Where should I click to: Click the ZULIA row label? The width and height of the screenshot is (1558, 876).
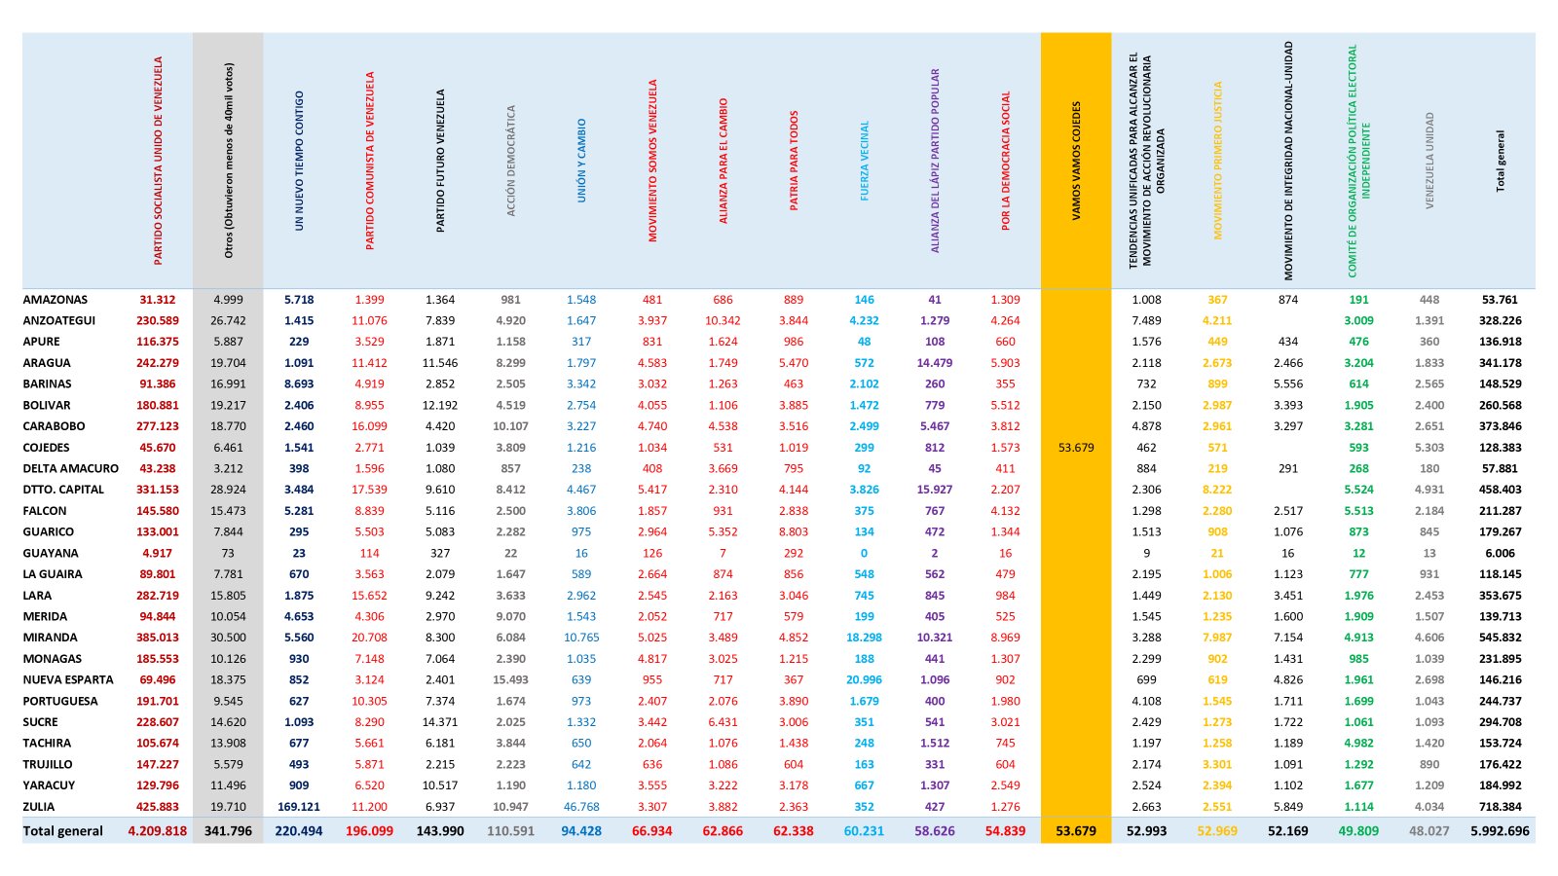pyautogui.click(x=38, y=807)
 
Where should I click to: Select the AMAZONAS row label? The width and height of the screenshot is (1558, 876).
pyautogui.click(x=55, y=300)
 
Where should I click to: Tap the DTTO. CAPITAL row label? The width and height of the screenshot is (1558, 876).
pyautogui.click(x=63, y=490)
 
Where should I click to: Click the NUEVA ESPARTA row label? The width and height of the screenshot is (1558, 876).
pyautogui.click(x=68, y=679)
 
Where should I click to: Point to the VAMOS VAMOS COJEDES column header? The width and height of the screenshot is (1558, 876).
pyautogui.click(x=1076, y=162)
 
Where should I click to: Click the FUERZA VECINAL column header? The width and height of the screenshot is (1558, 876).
pyautogui.click(x=864, y=162)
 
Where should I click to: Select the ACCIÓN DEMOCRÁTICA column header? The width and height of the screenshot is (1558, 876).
pyautogui.click(x=510, y=162)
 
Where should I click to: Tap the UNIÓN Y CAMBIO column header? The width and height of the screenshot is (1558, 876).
pyautogui.click(x=581, y=162)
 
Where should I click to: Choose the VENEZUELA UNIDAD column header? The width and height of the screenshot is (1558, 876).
pyautogui.click(x=1429, y=162)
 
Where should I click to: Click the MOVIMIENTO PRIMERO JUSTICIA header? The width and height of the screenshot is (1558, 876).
pyautogui.click(x=1217, y=162)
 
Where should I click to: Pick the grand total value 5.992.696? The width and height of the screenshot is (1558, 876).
pyautogui.click(x=1500, y=831)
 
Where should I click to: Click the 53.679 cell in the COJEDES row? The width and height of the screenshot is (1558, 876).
pyautogui.click(x=1076, y=448)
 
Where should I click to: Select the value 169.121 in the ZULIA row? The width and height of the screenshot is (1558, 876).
pyautogui.click(x=298, y=807)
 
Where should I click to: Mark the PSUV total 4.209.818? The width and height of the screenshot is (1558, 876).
pyautogui.click(x=157, y=831)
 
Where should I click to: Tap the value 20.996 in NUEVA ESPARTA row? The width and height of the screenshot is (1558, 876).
pyautogui.click(x=864, y=679)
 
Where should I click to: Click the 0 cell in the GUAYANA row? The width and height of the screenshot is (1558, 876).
pyautogui.click(x=864, y=554)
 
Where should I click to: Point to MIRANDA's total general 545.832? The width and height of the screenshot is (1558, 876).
pyautogui.click(x=1501, y=638)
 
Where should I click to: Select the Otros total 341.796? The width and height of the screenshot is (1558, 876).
pyautogui.click(x=228, y=831)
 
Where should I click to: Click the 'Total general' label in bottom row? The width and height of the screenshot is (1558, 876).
pyautogui.click(x=62, y=831)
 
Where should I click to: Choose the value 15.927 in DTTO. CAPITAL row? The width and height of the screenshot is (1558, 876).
pyautogui.click(x=935, y=490)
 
